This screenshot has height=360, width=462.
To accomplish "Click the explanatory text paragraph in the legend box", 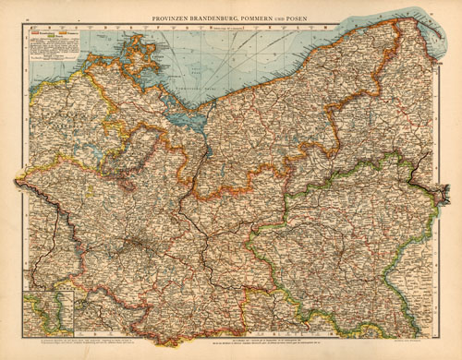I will pyautogui.click(x=52, y=51).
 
